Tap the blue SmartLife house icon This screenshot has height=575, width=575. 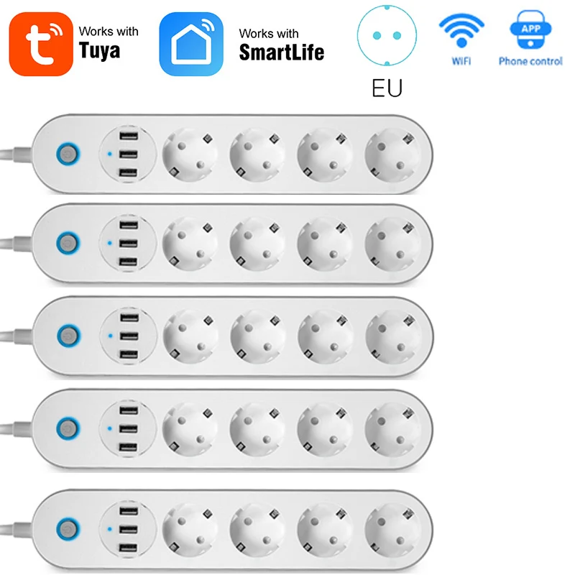click(x=191, y=42)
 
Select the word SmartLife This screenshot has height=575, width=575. click(x=281, y=52)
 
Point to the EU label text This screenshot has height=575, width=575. click(x=387, y=88)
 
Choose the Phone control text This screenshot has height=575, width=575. click(x=530, y=62)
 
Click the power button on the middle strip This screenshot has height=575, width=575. click(x=68, y=334)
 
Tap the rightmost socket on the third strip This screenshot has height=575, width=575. click(x=392, y=335)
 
